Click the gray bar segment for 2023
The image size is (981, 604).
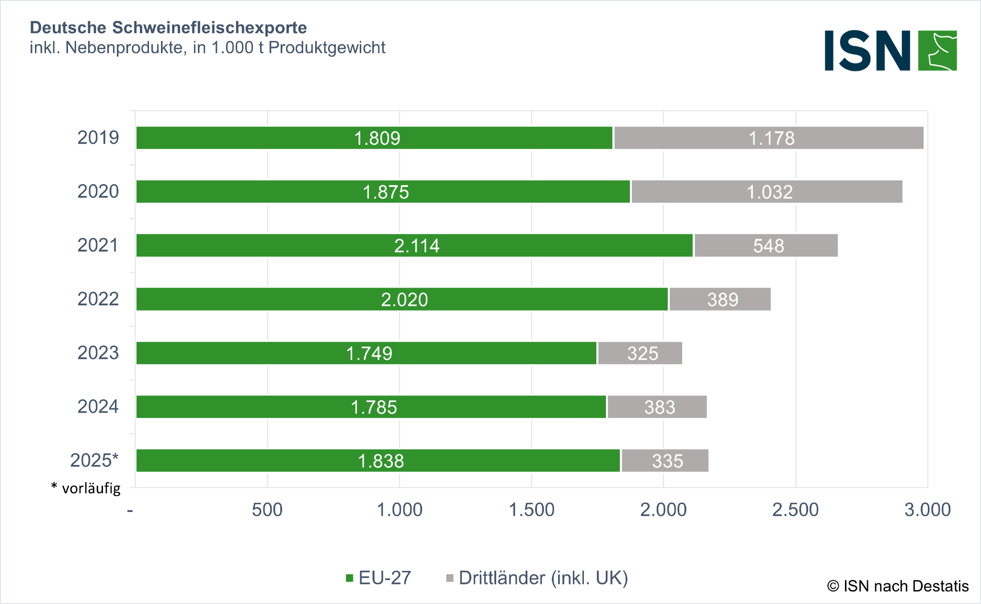(x=640, y=353)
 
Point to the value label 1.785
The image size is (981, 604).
(x=374, y=407)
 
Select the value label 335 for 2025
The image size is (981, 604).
(x=667, y=461)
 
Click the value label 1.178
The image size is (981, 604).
(x=771, y=139)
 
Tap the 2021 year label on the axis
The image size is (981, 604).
(x=98, y=245)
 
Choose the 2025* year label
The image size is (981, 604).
(x=94, y=460)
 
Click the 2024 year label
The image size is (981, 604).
(x=98, y=407)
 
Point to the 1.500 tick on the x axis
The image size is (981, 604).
(x=531, y=510)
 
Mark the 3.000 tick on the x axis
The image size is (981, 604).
(x=927, y=510)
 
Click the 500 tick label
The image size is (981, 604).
(x=267, y=510)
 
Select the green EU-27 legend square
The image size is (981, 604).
(x=349, y=578)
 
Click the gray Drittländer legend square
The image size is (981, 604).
(x=450, y=578)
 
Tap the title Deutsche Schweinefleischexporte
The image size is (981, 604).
(x=168, y=28)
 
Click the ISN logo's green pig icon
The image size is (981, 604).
(x=937, y=51)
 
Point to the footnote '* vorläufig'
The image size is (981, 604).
(x=86, y=488)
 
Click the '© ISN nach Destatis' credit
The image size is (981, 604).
(x=898, y=586)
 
